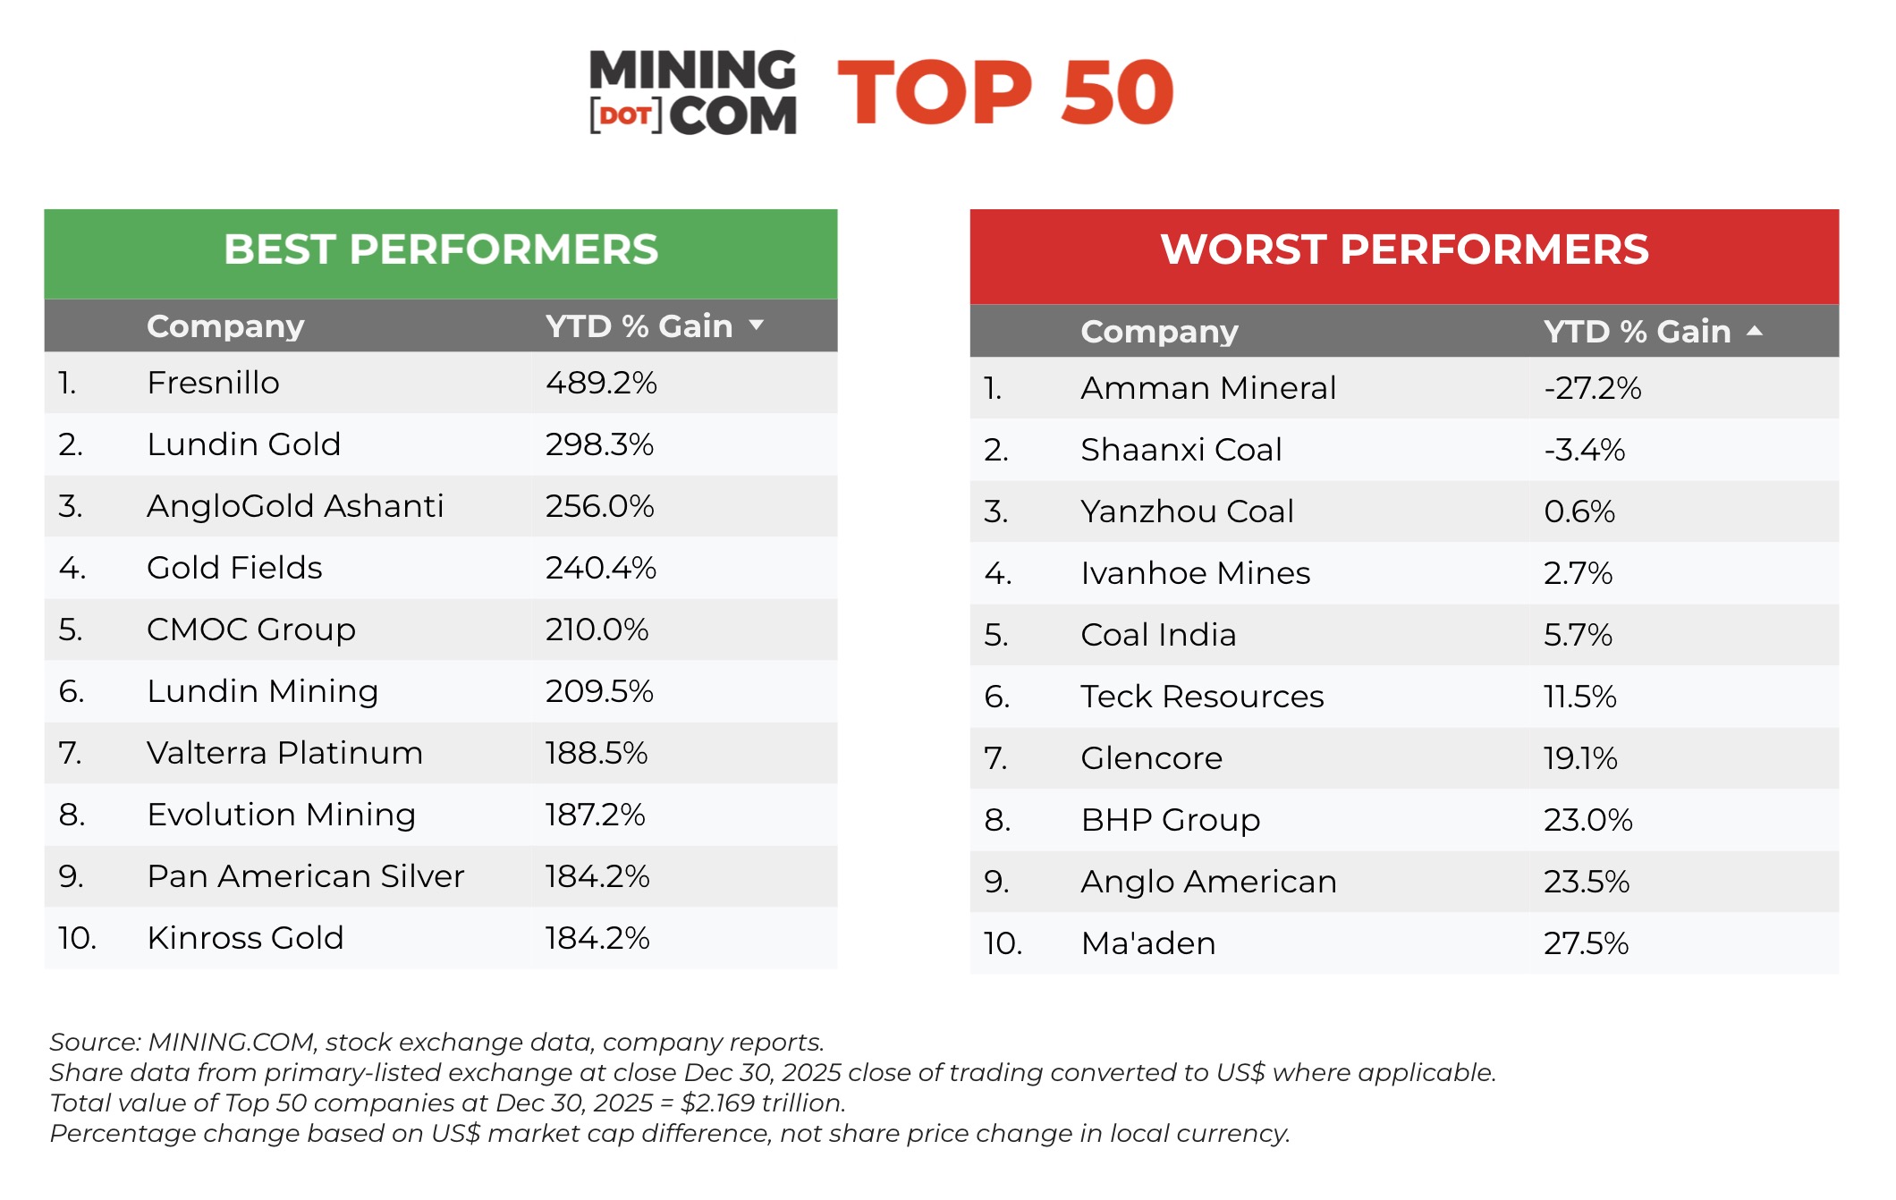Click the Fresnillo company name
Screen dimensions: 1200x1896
pos(213,383)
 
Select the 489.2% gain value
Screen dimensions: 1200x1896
pos(601,383)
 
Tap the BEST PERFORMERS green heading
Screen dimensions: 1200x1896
pos(441,249)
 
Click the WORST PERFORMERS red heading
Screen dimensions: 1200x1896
pos(1404,249)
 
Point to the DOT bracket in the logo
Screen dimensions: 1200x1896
pos(625,116)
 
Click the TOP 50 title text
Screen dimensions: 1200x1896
pos(1005,93)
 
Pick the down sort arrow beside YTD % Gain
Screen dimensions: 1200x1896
pos(757,325)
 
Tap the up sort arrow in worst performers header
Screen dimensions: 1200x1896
pos(1755,331)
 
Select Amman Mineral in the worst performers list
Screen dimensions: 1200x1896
pos(1208,388)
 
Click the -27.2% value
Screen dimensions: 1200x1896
pos(1592,388)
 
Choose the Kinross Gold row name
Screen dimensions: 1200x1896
pos(245,938)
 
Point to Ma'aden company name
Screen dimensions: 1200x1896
pos(1147,943)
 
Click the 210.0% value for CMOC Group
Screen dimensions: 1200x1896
pos(597,630)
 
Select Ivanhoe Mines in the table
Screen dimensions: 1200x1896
pos(1195,573)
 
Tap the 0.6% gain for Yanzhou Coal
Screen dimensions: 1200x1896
pos(1579,511)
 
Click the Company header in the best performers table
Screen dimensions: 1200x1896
pos(225,326)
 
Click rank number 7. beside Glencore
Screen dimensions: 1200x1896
pos(995,758)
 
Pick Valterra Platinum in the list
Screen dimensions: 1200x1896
pos(284,753)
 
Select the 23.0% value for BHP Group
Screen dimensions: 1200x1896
pos(1587,820)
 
